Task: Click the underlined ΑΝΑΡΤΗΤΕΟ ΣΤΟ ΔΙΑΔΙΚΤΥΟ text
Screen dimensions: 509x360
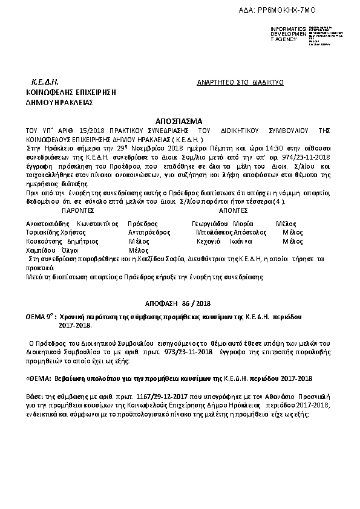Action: tap(240, 82)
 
